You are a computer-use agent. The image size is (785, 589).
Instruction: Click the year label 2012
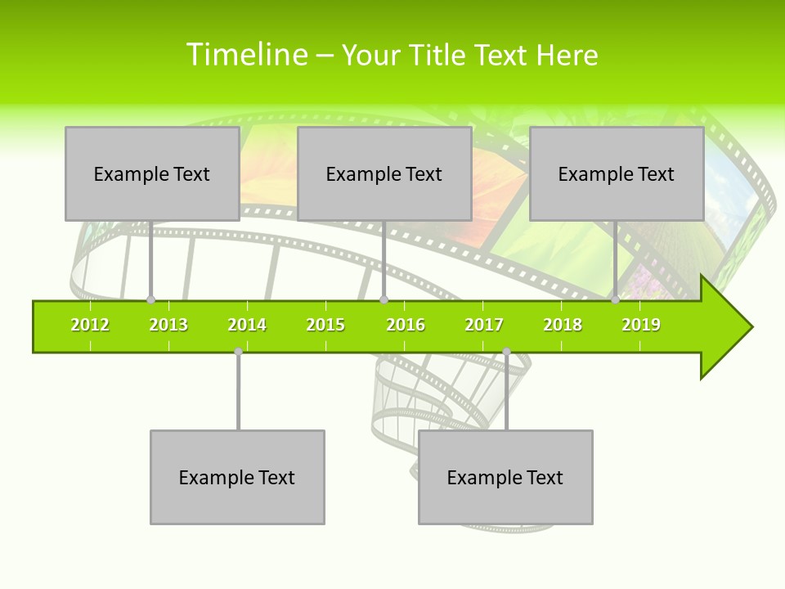tap(90, 325)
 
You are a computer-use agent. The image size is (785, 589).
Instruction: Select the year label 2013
tap(168, 325)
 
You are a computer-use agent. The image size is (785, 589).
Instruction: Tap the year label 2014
tap(247, 325)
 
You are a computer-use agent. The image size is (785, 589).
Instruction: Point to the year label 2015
tap(325, 325)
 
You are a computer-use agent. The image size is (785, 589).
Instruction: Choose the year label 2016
tap(406, 325)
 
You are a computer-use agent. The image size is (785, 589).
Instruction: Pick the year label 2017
tap(484, 325)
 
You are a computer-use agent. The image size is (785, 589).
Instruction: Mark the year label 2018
tap(563, 325)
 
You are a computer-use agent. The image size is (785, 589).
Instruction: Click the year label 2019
tap(641, 325)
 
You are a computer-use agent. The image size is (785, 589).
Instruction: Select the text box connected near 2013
tap(152, 173)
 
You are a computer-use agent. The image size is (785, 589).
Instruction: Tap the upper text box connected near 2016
tap(384, 173)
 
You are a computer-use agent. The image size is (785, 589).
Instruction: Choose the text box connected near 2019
tap(617, 173)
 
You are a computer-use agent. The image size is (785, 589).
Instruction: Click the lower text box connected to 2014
tap(237, 477)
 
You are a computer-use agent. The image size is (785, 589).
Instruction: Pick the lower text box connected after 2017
tap(505, 477)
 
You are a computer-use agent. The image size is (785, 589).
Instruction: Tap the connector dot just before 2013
tap(150, 300)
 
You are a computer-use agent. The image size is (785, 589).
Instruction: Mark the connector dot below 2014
tap(238, 352)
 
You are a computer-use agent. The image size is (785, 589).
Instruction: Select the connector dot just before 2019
tap(616, 300)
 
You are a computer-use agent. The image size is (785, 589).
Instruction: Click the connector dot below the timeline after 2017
tap(506, 352)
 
